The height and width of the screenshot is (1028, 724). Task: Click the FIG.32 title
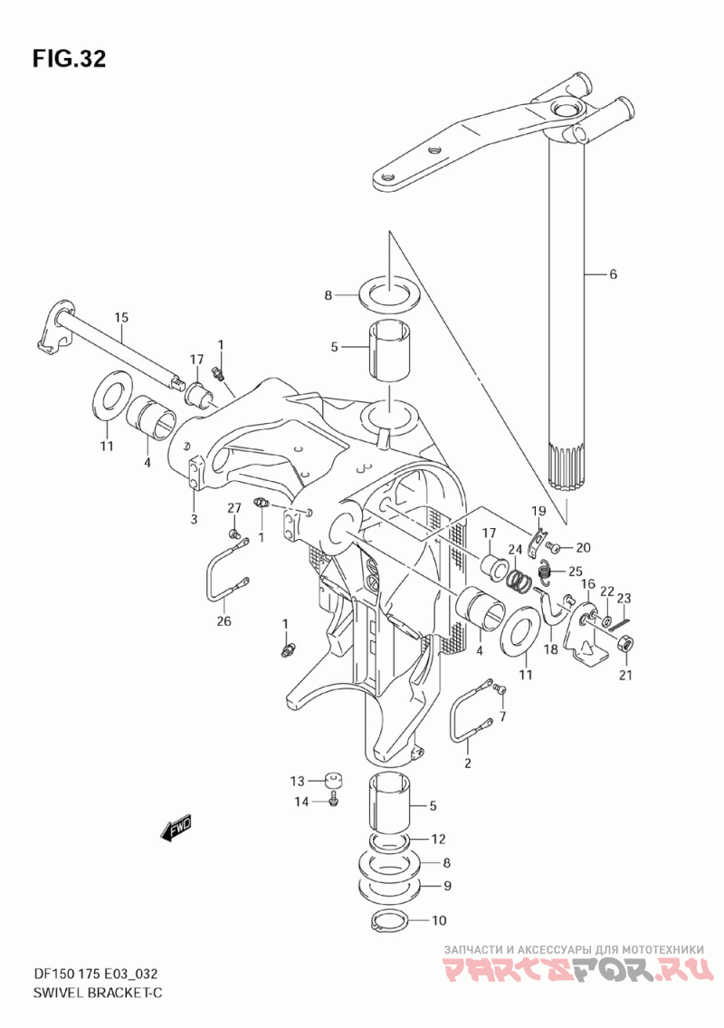pos(69,58)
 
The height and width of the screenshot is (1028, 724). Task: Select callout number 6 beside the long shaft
pos(614,274)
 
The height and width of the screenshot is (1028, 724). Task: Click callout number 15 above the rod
pos(121,318)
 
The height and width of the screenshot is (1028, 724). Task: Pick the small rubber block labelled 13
pos(334,780)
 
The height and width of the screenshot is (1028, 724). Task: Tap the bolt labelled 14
pos(335,801)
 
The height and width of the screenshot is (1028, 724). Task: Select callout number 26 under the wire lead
pos(224,620)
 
